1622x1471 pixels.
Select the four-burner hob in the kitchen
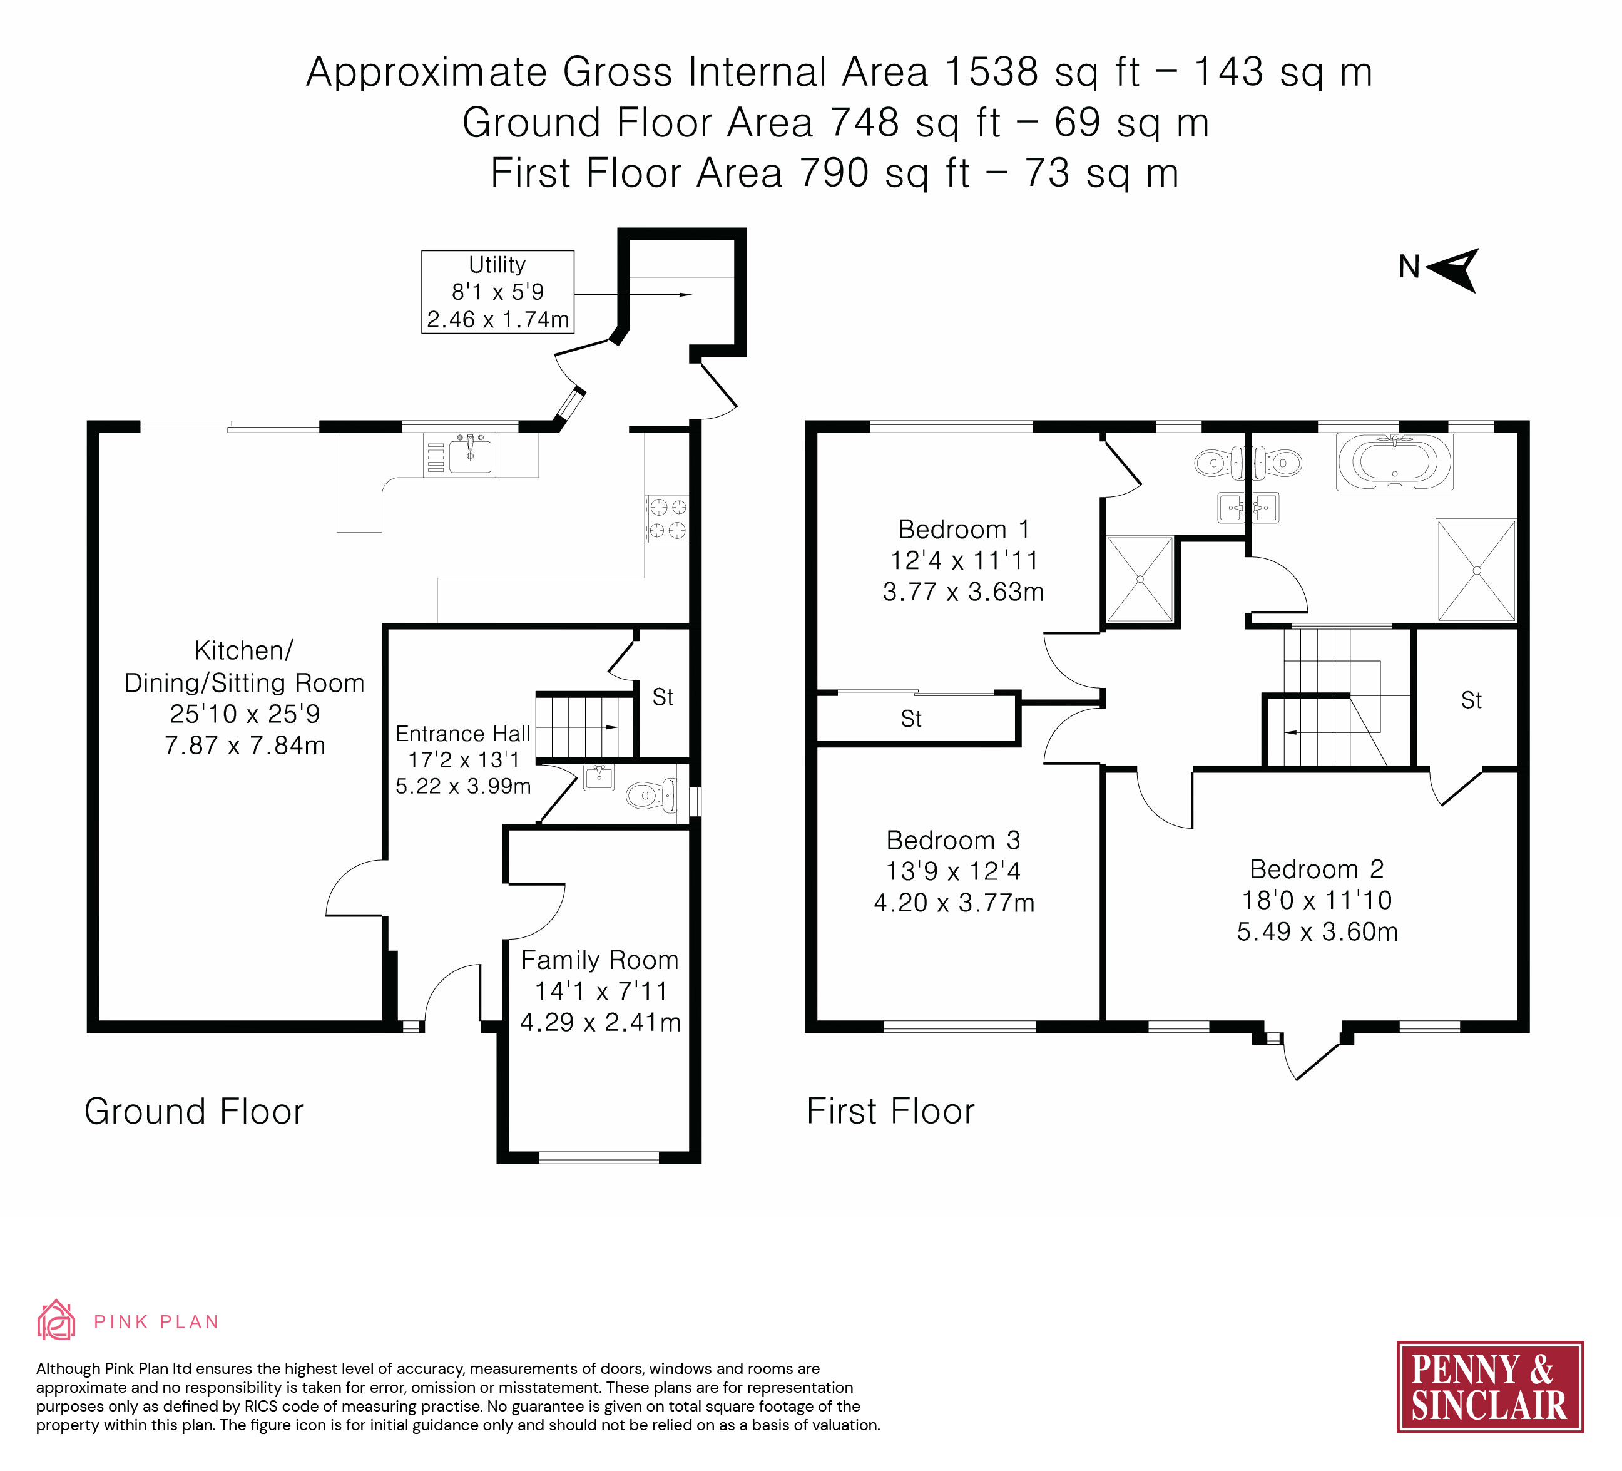click(667, 518)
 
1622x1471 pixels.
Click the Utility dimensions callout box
click(497, 291)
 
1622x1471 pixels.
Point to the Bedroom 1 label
click(963, 560)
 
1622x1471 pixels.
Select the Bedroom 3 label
click(954, 871)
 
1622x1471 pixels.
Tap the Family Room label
click(600, 991)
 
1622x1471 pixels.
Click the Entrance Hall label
click(464, 759)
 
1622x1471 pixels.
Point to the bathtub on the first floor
click(1395, 462)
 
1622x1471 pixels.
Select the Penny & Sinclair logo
click(1490, 1386)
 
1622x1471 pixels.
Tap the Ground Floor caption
click(194, 1111)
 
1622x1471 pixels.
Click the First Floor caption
click(890, 1111)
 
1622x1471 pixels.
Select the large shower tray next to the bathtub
click(1476, 570)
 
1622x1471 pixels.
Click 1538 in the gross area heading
click(992, 71)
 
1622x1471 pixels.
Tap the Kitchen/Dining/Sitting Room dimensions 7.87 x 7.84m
click(245, 745)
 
